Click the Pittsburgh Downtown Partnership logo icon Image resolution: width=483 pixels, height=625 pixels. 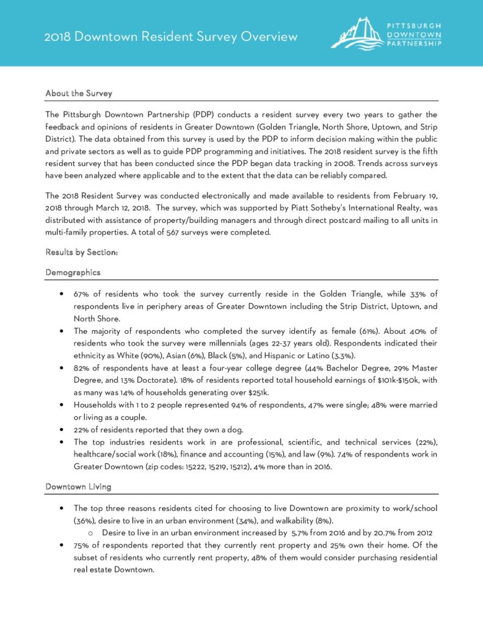click(x=356, y=34)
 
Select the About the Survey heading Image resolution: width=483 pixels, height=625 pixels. click(x=79, y=93)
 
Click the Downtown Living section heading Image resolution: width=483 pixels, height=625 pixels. click(x=78, y=486)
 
